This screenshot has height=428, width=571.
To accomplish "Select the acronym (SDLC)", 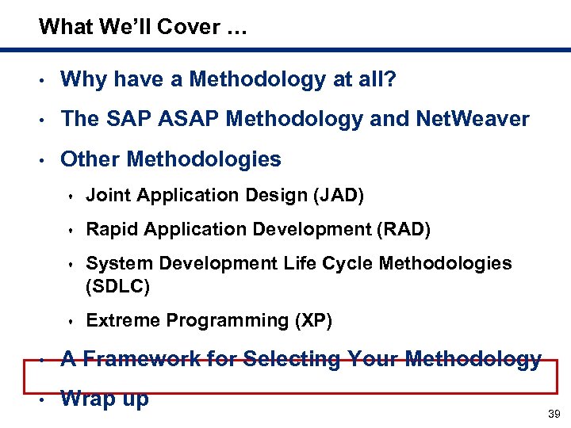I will [x=117, y=286].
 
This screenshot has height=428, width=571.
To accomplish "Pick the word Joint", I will [x=105, y=195].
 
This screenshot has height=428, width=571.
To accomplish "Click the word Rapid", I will [x=108, y=230].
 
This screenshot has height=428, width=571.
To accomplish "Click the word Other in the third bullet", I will [x=90, y=159].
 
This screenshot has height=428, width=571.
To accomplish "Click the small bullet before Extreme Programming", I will [x=71, y=321].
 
